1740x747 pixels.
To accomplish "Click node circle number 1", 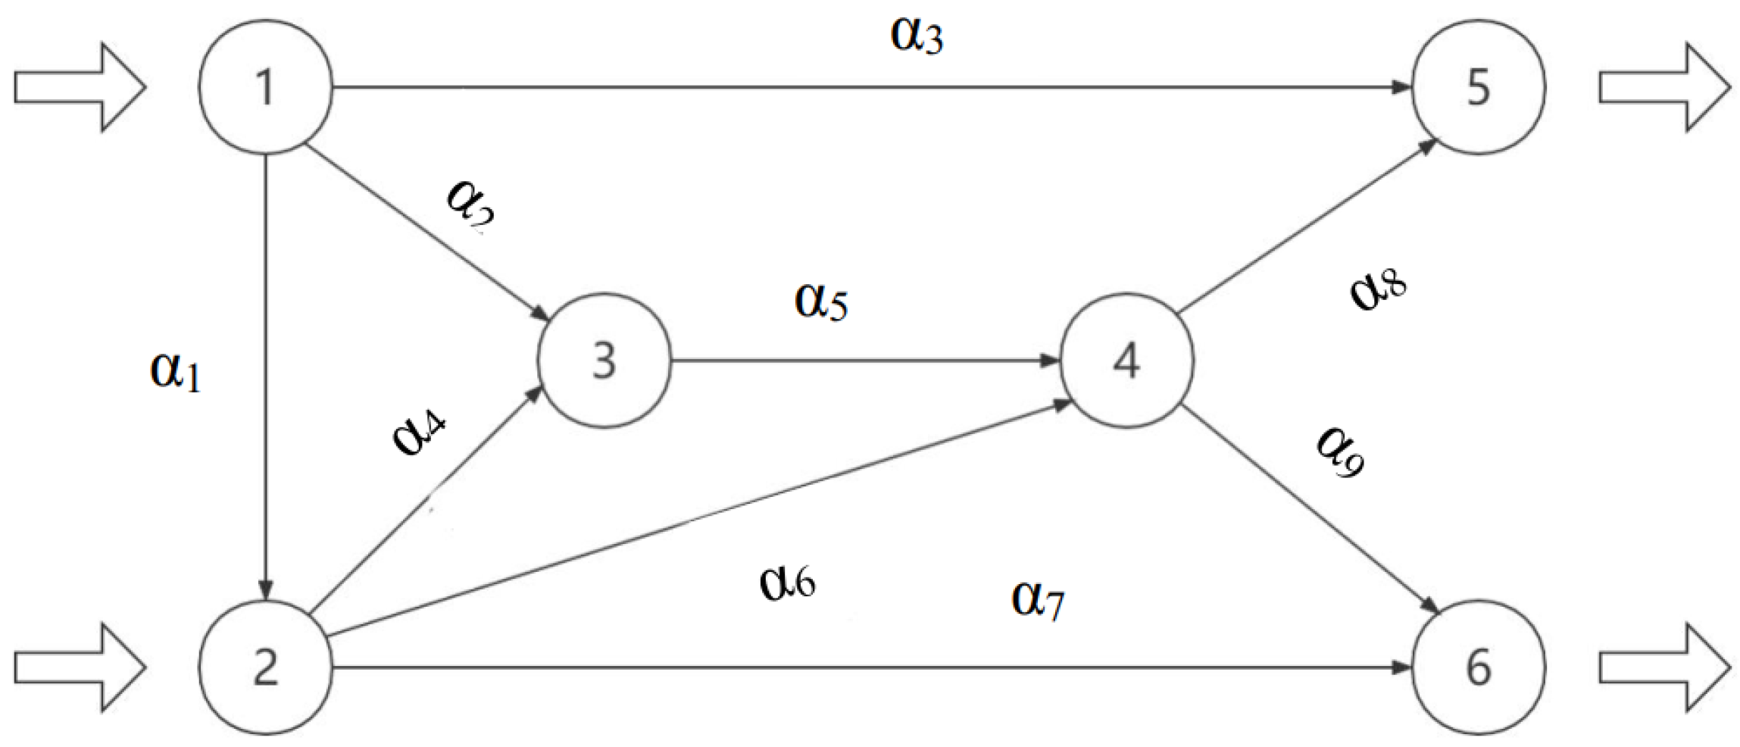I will point(265,87).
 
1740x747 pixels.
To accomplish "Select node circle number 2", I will point(265,667).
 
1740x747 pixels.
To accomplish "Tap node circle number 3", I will point(604,361).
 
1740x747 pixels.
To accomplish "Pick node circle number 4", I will point(1126,361).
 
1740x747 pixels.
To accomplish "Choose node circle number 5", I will point(1478,87).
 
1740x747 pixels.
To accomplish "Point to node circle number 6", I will point(1478,667).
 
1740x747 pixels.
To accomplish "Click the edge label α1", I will point(176,371).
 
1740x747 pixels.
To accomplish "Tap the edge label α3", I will point(917,36).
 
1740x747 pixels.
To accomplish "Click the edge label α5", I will point(820,302).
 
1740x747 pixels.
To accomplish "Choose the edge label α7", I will point(1038,600).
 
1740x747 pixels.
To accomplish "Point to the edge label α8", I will point(1378,292).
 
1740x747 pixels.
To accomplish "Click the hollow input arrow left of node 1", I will point(80,87).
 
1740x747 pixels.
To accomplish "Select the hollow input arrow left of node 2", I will point(80,667).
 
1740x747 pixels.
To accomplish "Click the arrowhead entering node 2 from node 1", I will point(265,589).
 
